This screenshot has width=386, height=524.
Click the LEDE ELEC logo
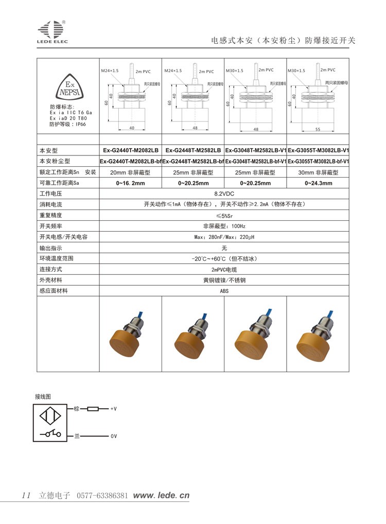tap(52, 31)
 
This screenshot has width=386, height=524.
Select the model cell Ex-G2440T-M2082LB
tap(131, 150)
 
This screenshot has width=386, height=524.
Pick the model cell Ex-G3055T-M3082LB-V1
tap(318, 150)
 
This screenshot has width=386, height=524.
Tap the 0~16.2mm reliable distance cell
tap(131, 183)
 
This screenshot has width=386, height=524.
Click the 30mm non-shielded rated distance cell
tap(318, 172)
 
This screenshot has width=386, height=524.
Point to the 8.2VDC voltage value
tap(224, 194)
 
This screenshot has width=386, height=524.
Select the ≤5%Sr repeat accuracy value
tap(224, 215)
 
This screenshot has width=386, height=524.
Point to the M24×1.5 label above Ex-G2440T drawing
tap(110, 70)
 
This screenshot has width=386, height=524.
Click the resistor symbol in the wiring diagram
tap(93, 409)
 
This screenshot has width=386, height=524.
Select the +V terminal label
tap(114, 409)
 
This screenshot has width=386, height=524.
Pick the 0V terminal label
tap(114, 436)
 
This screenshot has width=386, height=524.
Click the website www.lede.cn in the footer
tap(161, 495)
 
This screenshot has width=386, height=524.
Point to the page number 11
tap(27, 495)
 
